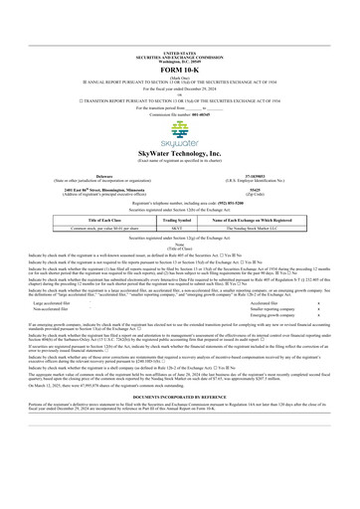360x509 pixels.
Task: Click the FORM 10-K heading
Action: point(179,24)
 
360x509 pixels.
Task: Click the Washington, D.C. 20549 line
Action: point(179,13)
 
